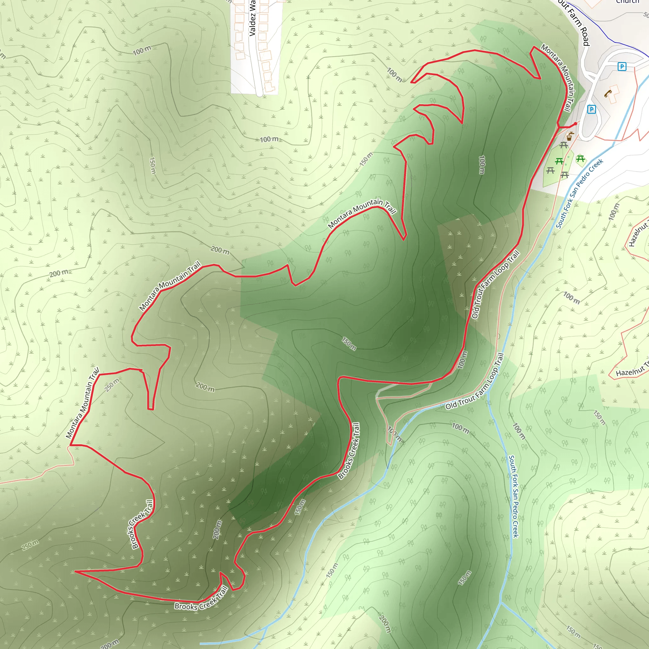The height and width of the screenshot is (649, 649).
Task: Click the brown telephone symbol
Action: point(608,93)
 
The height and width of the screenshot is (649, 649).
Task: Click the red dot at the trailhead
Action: point(575,124)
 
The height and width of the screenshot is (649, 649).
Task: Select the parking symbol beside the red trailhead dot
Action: point(591,109)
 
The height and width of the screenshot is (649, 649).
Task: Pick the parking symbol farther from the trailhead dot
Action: point(622,67)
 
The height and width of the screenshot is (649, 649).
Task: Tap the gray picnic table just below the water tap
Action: point(564,145)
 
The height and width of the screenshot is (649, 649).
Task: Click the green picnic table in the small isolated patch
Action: point(581,158)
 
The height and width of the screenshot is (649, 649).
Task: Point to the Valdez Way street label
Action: point(252,18)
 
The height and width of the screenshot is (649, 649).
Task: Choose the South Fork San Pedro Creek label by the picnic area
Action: point(579,194)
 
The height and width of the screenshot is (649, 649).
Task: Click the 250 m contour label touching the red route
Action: point(112,385)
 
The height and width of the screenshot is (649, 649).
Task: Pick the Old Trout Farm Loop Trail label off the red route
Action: point(475,382)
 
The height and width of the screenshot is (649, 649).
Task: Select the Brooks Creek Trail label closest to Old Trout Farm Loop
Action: point(349,451)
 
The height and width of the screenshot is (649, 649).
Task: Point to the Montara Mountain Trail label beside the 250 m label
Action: point(83,403)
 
